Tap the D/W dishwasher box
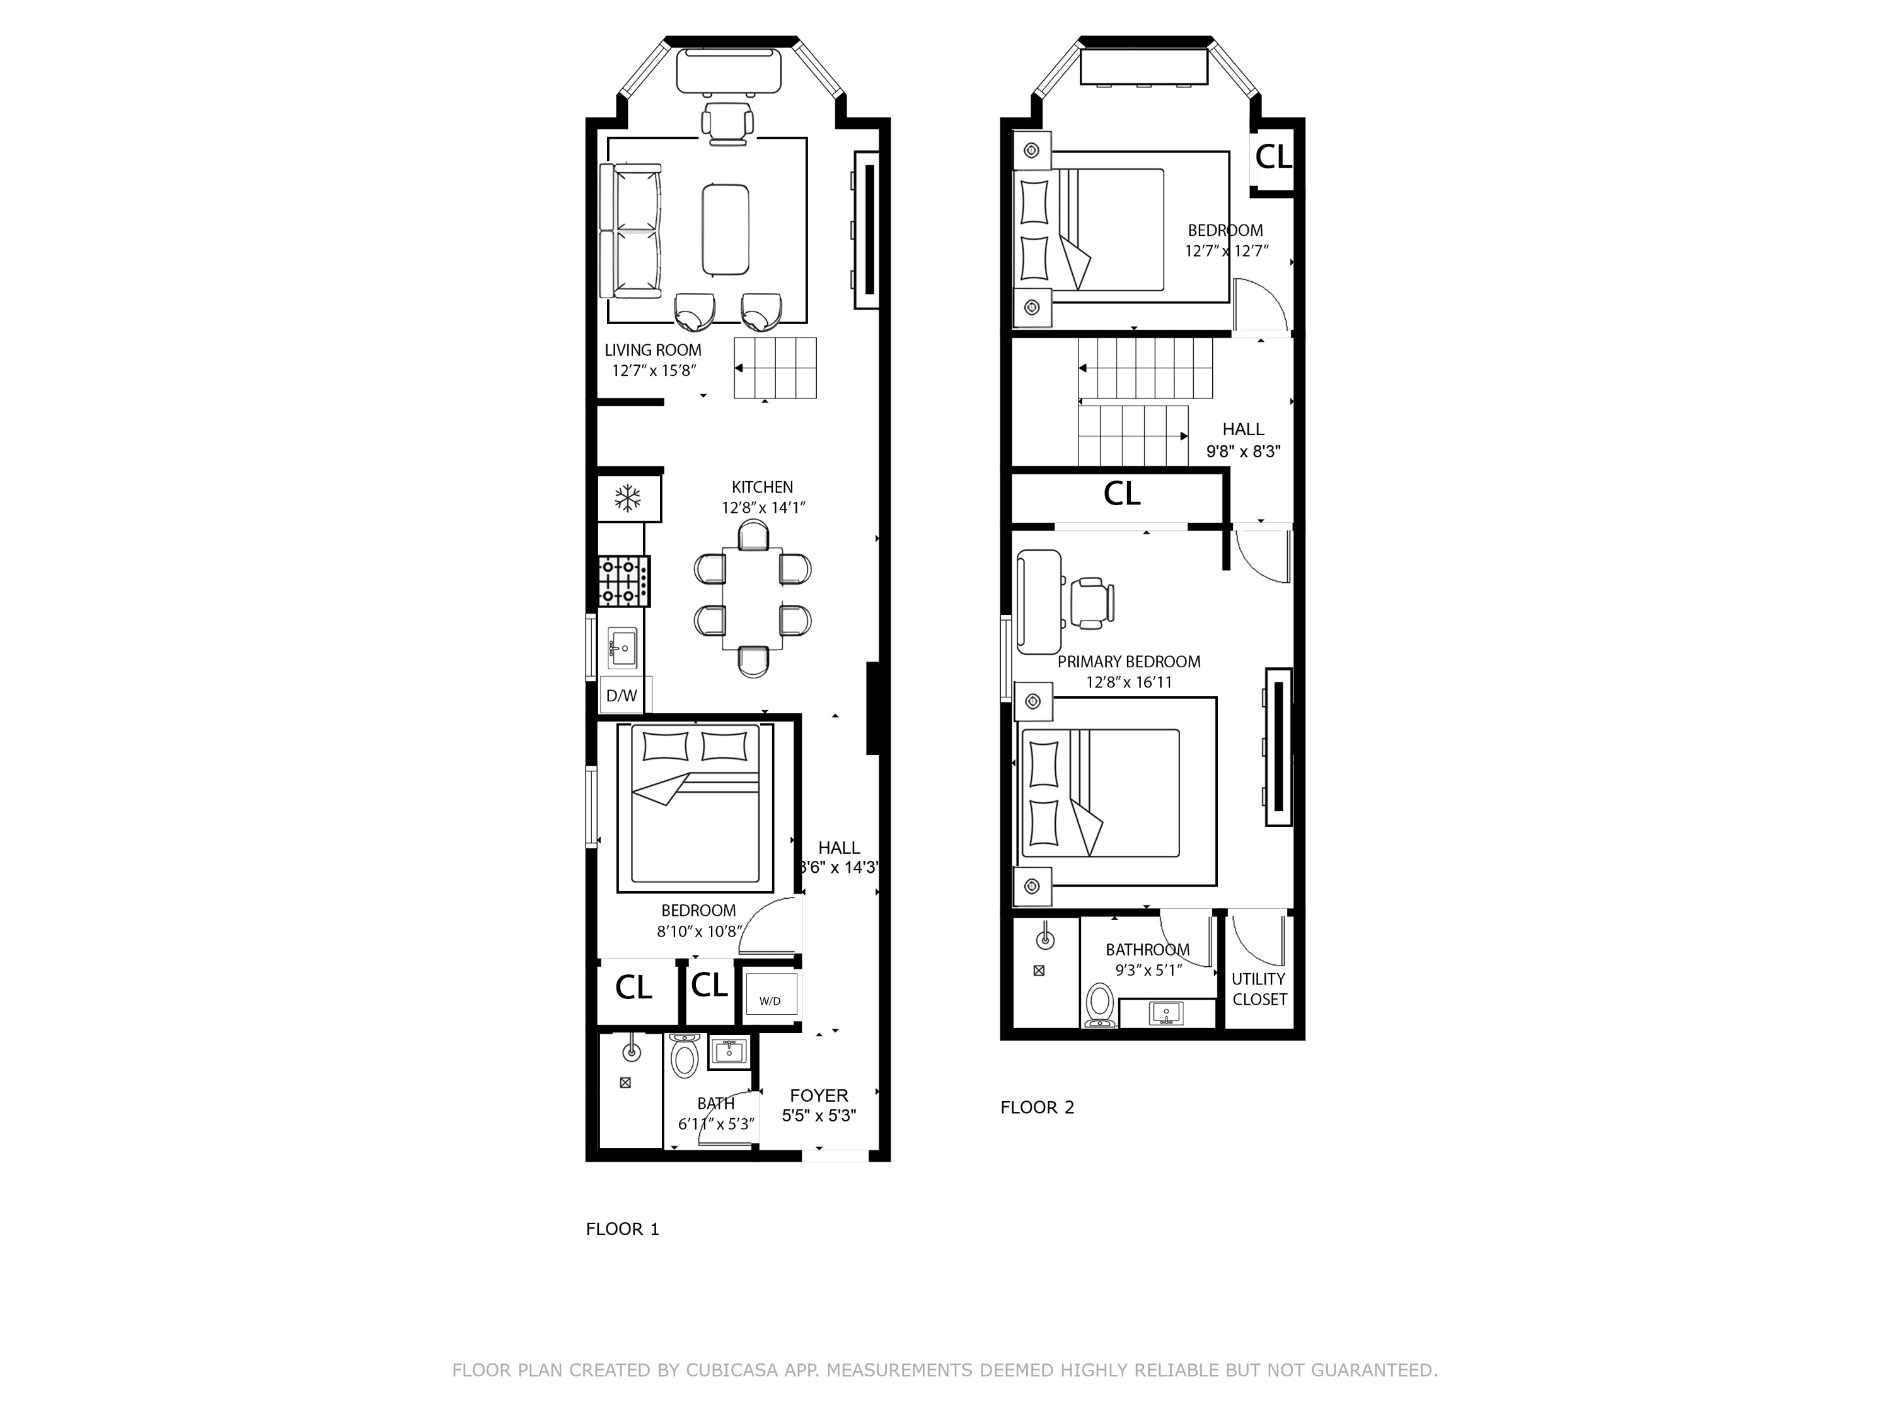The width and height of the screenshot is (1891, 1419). [x=622, y=696]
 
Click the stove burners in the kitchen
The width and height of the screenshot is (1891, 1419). [x=622, y=581]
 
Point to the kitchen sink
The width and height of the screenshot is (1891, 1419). [x=622, y=648]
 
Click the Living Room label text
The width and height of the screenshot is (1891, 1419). [x=652, y=350]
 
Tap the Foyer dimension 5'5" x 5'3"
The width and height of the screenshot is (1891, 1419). [x=819, y=1116]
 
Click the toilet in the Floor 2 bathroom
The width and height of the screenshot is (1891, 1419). [x=1099, y=1005]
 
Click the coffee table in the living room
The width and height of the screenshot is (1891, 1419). [x=726, y=230]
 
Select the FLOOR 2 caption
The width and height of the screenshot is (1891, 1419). [x=1037, y=1107]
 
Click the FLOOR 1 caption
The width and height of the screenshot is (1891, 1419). [x=622, y=1229]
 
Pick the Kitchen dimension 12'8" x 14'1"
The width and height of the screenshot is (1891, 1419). [x=763, y=507]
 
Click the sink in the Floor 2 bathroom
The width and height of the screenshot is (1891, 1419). [x=1166, y=1013]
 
